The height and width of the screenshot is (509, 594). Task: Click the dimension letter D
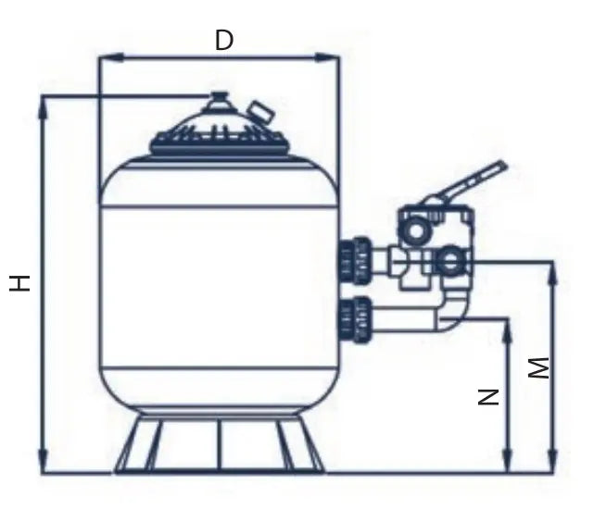(x=224, y=40)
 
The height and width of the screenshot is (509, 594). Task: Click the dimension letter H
(x=19, y=283)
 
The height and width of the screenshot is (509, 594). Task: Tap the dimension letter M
(x=538, y=367)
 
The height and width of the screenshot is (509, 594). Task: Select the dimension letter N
(x=488, y=397)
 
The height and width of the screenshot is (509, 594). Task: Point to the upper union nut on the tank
(x=355, y=260)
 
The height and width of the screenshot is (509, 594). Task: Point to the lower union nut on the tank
(x=355, y=320)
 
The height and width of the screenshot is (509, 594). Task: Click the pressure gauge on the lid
(x=260, y=112)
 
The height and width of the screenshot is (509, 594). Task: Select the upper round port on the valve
(x=416, y=230)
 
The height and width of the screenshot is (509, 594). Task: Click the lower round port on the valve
(x=450, y=260)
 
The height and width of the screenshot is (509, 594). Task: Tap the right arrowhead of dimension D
(x=327, y=57)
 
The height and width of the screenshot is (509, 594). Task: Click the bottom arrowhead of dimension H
(x=43, y=461)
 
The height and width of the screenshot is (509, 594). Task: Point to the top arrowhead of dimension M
(x=552, y=272)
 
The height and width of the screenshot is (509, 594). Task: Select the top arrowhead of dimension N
(x=508, y=330)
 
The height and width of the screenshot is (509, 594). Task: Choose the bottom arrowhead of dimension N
(x=508, y=461)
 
